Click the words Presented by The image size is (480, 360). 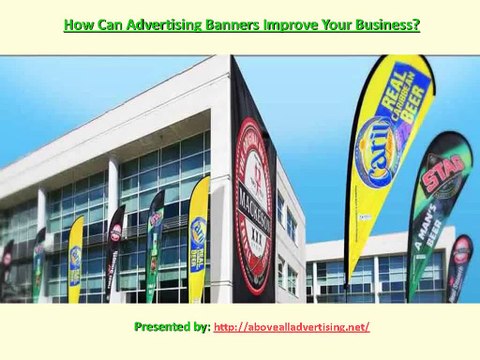(171, 327)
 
